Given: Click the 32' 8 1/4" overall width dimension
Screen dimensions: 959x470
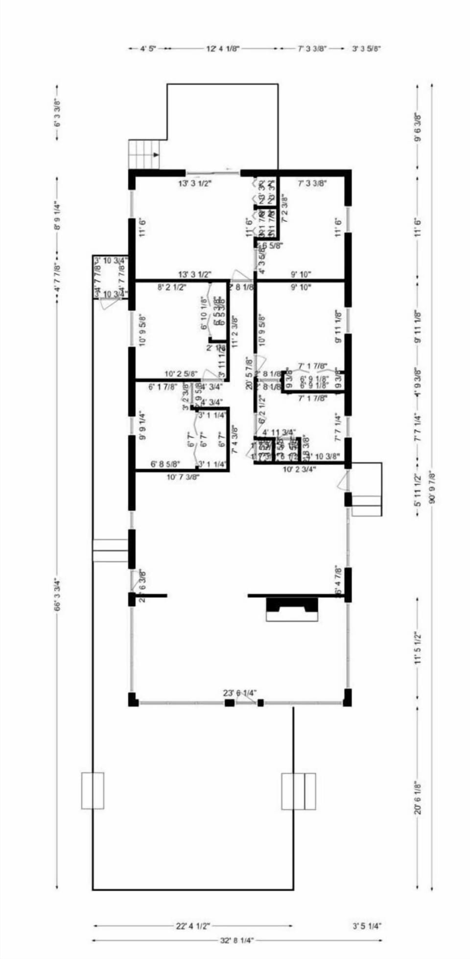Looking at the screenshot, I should click(237, 940).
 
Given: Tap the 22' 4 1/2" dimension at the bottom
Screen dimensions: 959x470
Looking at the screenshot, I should click(193, 926).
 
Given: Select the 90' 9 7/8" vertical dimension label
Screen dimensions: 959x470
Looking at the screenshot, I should click(431, 487).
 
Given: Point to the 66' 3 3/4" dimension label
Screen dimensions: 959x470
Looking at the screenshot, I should click(57, 595).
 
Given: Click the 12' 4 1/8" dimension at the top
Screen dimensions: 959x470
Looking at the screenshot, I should click(223, 48).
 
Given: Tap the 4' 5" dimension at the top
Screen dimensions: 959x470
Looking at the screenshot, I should click(148, 48).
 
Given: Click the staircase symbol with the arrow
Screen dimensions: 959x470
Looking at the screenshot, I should click(144, 154).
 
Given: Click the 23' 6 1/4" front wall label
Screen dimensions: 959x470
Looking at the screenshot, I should click(240, 693).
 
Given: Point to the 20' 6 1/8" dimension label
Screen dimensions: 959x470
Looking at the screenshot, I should click(418, 797).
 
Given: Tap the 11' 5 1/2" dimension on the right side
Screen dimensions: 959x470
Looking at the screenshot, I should click(418, 647).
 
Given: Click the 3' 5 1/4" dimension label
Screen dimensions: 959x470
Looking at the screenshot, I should click(367, 926).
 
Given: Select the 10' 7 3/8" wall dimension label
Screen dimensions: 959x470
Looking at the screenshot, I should click(183, 477).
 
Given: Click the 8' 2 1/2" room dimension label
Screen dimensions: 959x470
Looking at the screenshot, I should click(172, 288).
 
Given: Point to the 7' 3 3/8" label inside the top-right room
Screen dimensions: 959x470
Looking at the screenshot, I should click(312, 184).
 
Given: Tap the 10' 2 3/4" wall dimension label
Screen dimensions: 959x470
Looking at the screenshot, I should click(299, 469).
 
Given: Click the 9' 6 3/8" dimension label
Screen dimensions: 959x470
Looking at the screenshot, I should click(418, 127).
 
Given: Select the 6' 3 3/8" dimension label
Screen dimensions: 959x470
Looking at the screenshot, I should click(57, 113).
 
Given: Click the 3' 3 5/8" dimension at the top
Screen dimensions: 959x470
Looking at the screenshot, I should click(366, 48).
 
